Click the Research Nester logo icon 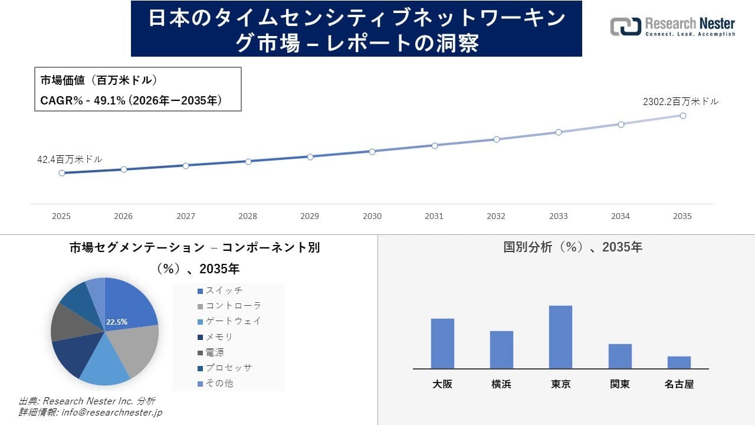[x=626, y=27]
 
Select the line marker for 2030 [x=372, y=152]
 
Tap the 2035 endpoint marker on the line [x=683, y=116]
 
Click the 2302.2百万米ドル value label [x=681, y=102]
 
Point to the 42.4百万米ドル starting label [x=70, y=159]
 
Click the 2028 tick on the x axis [x=248, y=216]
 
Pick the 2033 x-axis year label [x=558, y=216]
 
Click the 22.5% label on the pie [x=117, y=322]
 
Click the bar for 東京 [x=560, y=337]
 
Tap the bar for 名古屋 [x=679, y=362]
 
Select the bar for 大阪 [x=442, y=344]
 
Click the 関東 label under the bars [x=620, y=384]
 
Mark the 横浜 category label [x=501, y=384]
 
